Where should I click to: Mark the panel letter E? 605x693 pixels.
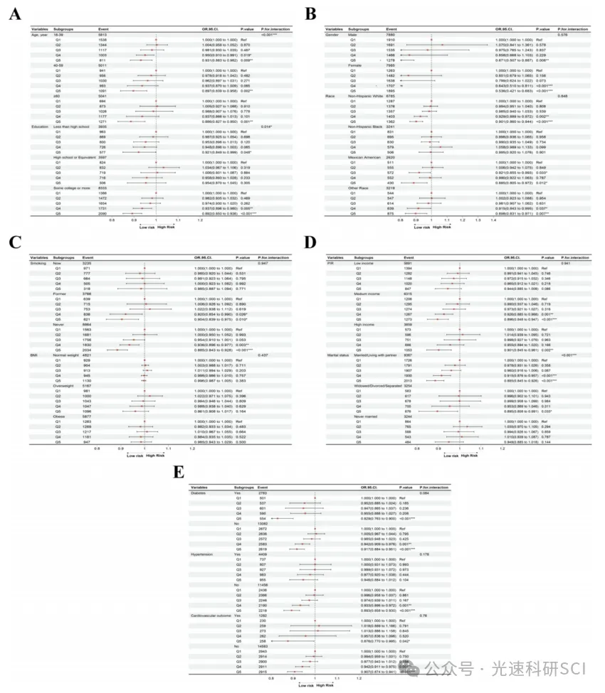pyautogui.click(x=180, y=472)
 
